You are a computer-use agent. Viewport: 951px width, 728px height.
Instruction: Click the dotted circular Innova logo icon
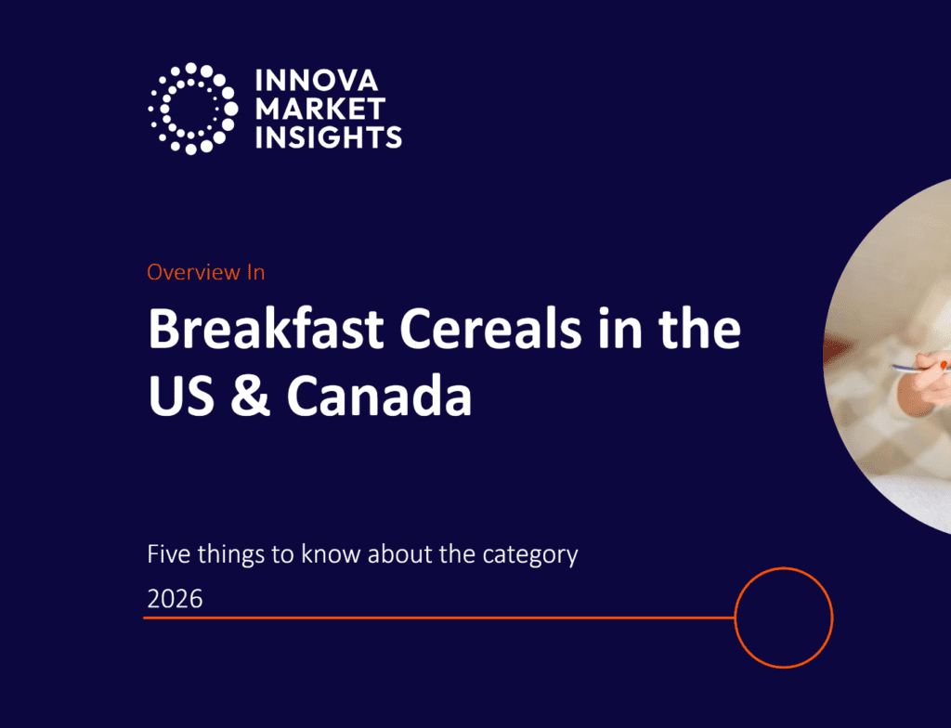(193, 109)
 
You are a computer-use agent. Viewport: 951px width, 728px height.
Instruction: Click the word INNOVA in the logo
(317, 81)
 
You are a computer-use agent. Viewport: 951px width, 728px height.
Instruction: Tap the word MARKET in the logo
(320, 110)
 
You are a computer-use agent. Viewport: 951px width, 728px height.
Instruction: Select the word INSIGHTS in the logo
(328, 137)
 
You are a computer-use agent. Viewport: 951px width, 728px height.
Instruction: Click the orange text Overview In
(205, 272)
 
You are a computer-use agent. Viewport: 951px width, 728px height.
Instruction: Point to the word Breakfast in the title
(266, 328)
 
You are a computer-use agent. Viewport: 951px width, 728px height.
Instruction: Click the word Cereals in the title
(490, 328)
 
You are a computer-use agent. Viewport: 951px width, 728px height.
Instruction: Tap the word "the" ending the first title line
(700, 328)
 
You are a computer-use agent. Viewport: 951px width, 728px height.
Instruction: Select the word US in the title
(181, 395)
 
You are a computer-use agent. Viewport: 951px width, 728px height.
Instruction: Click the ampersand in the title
(250, 395)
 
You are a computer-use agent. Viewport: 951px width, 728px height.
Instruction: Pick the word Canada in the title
(379, 395)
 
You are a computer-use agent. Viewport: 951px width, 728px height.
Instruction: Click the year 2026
(175, 599)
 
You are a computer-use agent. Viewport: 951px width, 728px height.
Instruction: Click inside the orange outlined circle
(784, 617)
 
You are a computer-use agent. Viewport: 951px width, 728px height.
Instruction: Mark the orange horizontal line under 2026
(439, 617)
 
